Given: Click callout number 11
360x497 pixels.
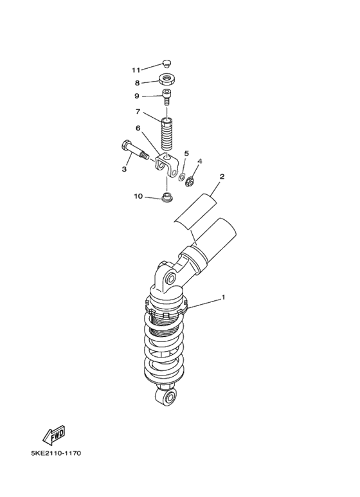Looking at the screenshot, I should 136,69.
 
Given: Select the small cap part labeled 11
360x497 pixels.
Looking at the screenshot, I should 166,63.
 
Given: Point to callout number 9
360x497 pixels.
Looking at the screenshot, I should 137,96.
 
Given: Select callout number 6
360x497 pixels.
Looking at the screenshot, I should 138,127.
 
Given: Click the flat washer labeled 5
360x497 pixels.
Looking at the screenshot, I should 183,177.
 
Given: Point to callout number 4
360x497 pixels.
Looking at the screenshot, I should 200,161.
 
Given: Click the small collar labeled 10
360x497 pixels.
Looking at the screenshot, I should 166,197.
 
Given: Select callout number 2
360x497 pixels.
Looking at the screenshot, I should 222,176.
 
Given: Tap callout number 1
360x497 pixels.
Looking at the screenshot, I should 223,298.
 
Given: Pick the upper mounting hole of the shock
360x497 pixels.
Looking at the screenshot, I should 170,278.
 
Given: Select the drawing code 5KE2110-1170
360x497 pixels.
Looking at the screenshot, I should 56,453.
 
